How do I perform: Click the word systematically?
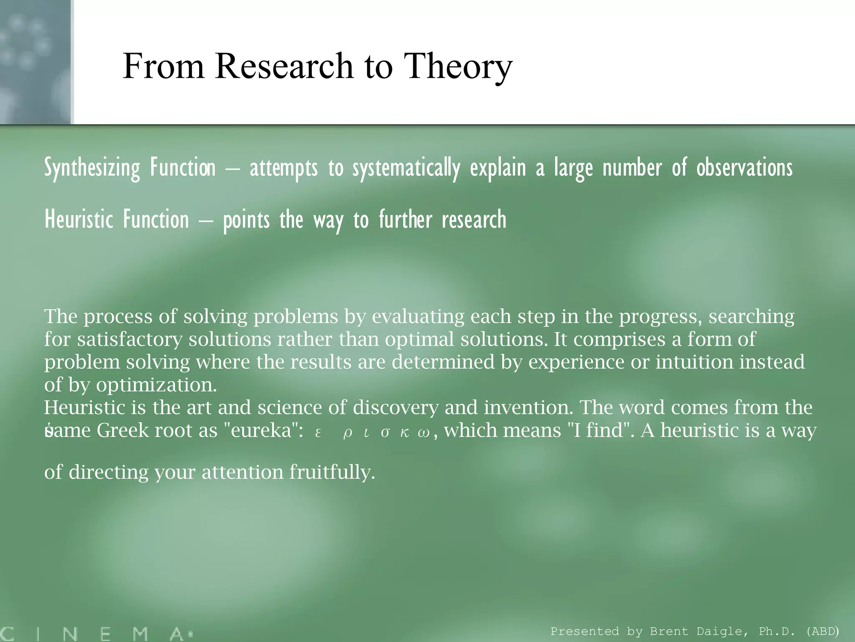pyautogui.click(x=406, y=168)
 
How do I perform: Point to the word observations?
pyautogui.click(x=744, y=168)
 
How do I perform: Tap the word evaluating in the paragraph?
pyautogui.click(x=418, y=317)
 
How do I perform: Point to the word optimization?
pyautogui.click(x=156, y=385)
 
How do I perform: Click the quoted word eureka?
pyautogui.click(x=261, y=431)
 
